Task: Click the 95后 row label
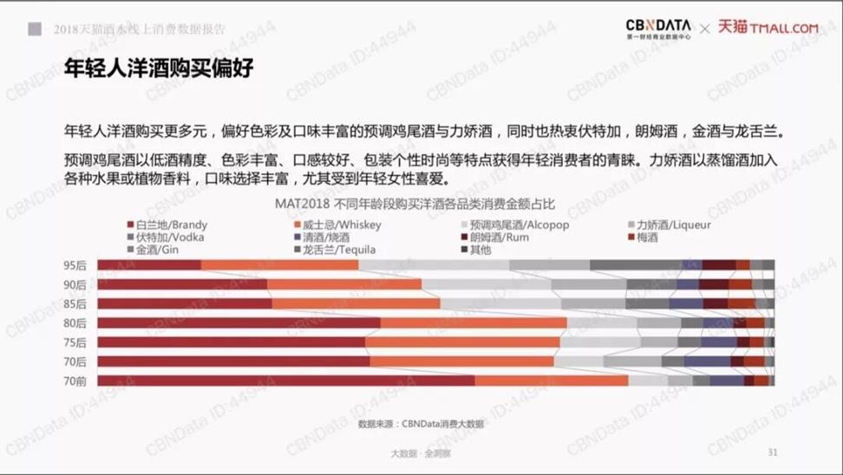pos(75,265)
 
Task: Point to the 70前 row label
pos(75,381)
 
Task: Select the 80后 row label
pos(75,323)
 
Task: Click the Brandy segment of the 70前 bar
pos(286,381)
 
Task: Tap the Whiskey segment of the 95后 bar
pos(279,265)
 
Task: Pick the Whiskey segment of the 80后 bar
pos(473,323)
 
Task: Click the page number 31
pos(773,452)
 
